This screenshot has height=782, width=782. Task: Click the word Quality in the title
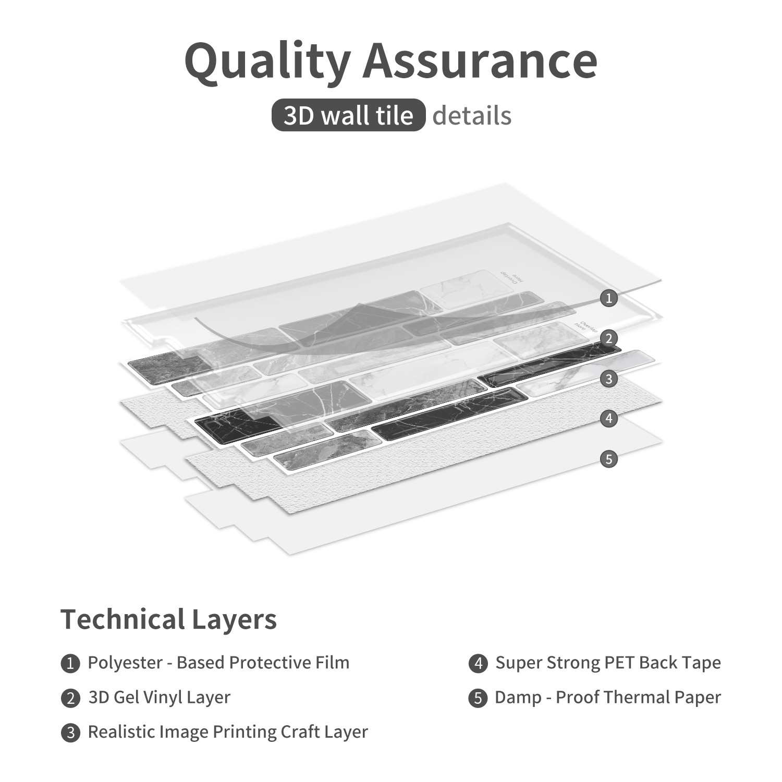[x=267, y=62]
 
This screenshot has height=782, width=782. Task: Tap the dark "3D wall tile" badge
[x=348, y=115]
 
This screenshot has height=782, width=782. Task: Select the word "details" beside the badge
[x=472, y=115]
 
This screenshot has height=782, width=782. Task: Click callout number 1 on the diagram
[x=608, y=298]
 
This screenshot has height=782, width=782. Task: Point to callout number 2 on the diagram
[x=608, y=339]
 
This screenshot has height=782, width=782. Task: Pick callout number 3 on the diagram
[x=608, y=379]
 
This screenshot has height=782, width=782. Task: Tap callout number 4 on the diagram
[x=608, y=418]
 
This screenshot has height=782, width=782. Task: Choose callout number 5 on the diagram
[x=608, y=459]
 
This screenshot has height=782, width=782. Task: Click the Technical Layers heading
[x=168, y=620]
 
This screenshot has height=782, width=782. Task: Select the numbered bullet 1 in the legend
[x=70, y=664]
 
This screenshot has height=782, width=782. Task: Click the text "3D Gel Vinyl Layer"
[x=159, y=698]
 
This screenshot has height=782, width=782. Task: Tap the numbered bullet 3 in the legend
[x=70, y=733]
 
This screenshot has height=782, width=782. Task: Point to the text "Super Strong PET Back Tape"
[x=608, y=663]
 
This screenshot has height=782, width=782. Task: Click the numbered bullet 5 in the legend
[x=478, y=698]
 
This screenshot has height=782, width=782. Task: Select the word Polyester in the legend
[x=125, y=663]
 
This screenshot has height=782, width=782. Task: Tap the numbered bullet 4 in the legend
[x=478, y=664]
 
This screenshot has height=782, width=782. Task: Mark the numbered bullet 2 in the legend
[x=70, y=698]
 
